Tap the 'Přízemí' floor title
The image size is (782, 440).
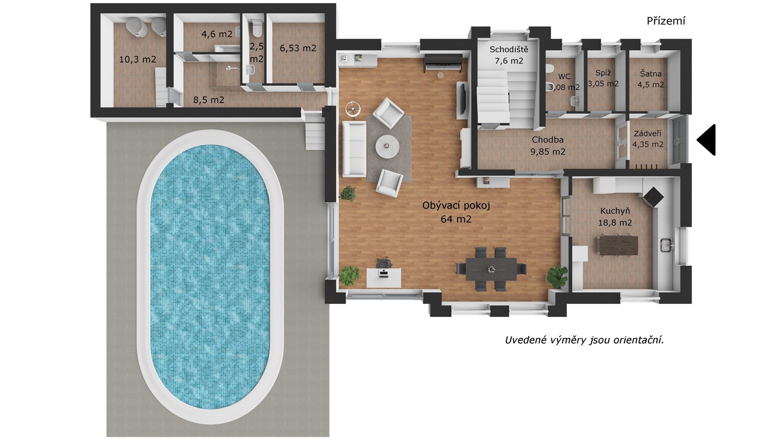(x=666, y=21)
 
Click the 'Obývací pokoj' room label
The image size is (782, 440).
(x=456, y=205)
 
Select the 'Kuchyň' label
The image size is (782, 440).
(x=615, y=211)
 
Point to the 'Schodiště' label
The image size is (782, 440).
(x=509, y=49)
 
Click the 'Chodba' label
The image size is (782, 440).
(x=548, y=140)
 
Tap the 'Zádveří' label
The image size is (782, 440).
(x=648, y=134)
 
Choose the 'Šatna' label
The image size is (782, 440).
(x=650, y=74)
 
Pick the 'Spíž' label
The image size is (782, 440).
(x=603, y=73)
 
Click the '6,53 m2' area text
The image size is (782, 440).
(x=298, y=48)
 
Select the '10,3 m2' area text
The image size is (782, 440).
(x=138, y=59)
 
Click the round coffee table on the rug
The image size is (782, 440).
(x=387, y=145)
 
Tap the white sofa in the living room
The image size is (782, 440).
(x=354, y=149)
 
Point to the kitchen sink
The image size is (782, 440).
(x=666, y=245)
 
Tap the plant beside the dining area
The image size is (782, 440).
(x=556, y=276)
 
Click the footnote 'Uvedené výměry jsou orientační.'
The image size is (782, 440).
(x=584, y=340)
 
